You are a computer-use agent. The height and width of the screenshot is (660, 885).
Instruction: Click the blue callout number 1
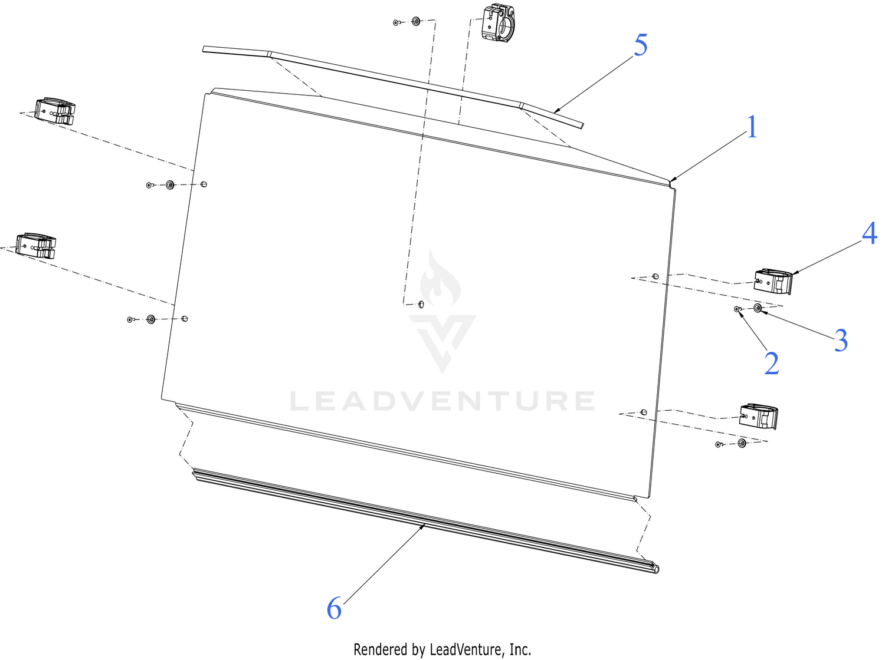[x=752, y=127]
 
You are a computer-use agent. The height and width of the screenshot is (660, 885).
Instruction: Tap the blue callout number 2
[x=771, y=363]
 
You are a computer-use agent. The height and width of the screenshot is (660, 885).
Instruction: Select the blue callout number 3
[x=841, y=340]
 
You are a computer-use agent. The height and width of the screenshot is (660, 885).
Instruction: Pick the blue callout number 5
[x=641, y=45]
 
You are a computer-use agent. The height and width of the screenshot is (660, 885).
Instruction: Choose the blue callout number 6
[x=334, y=608]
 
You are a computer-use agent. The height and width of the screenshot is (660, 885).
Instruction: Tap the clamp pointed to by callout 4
[x=773, y=282]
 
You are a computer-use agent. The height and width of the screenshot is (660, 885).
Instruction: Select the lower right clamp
[x=758, y=416]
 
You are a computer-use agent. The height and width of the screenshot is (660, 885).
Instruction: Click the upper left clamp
[x=55, y=111]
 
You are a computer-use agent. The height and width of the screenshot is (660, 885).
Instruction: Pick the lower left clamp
[x=35, y=245]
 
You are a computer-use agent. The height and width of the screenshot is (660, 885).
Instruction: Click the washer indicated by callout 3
[x=758, y=308]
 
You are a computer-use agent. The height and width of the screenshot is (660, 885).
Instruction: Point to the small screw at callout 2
[x=737, y=309]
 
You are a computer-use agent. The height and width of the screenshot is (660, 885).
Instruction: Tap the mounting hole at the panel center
[x=421, y=304]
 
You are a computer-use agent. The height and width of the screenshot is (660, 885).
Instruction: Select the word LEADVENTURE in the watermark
[x=442, y=401]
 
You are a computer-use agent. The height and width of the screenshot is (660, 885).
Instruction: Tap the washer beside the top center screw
[x=416, y=21]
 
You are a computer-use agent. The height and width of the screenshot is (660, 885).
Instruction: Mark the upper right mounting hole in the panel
[x=655, y=276]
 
